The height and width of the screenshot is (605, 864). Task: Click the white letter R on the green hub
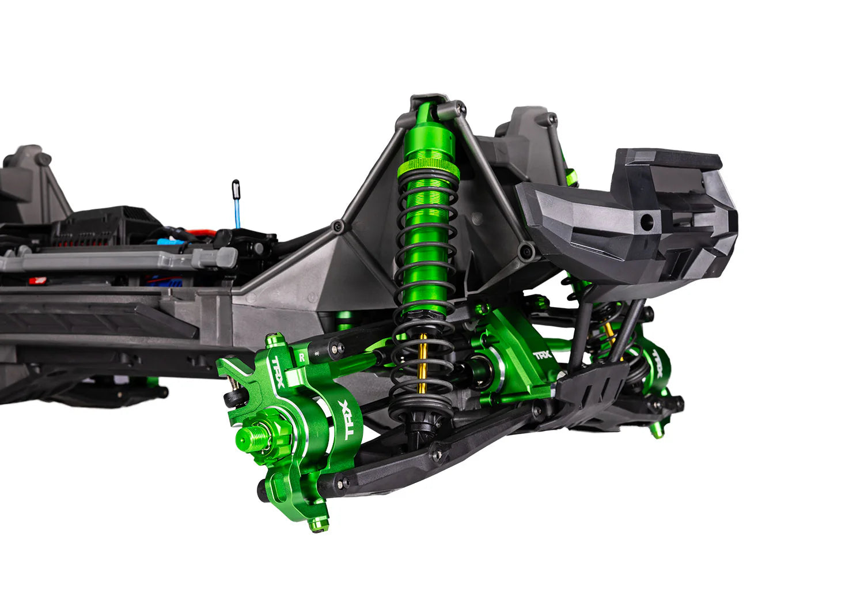(x=302, y=357)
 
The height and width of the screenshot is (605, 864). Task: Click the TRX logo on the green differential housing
(x=543, y=355)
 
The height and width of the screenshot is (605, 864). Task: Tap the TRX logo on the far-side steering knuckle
(x=657, y=362)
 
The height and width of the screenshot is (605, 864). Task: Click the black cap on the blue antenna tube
(x=236, y=189)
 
